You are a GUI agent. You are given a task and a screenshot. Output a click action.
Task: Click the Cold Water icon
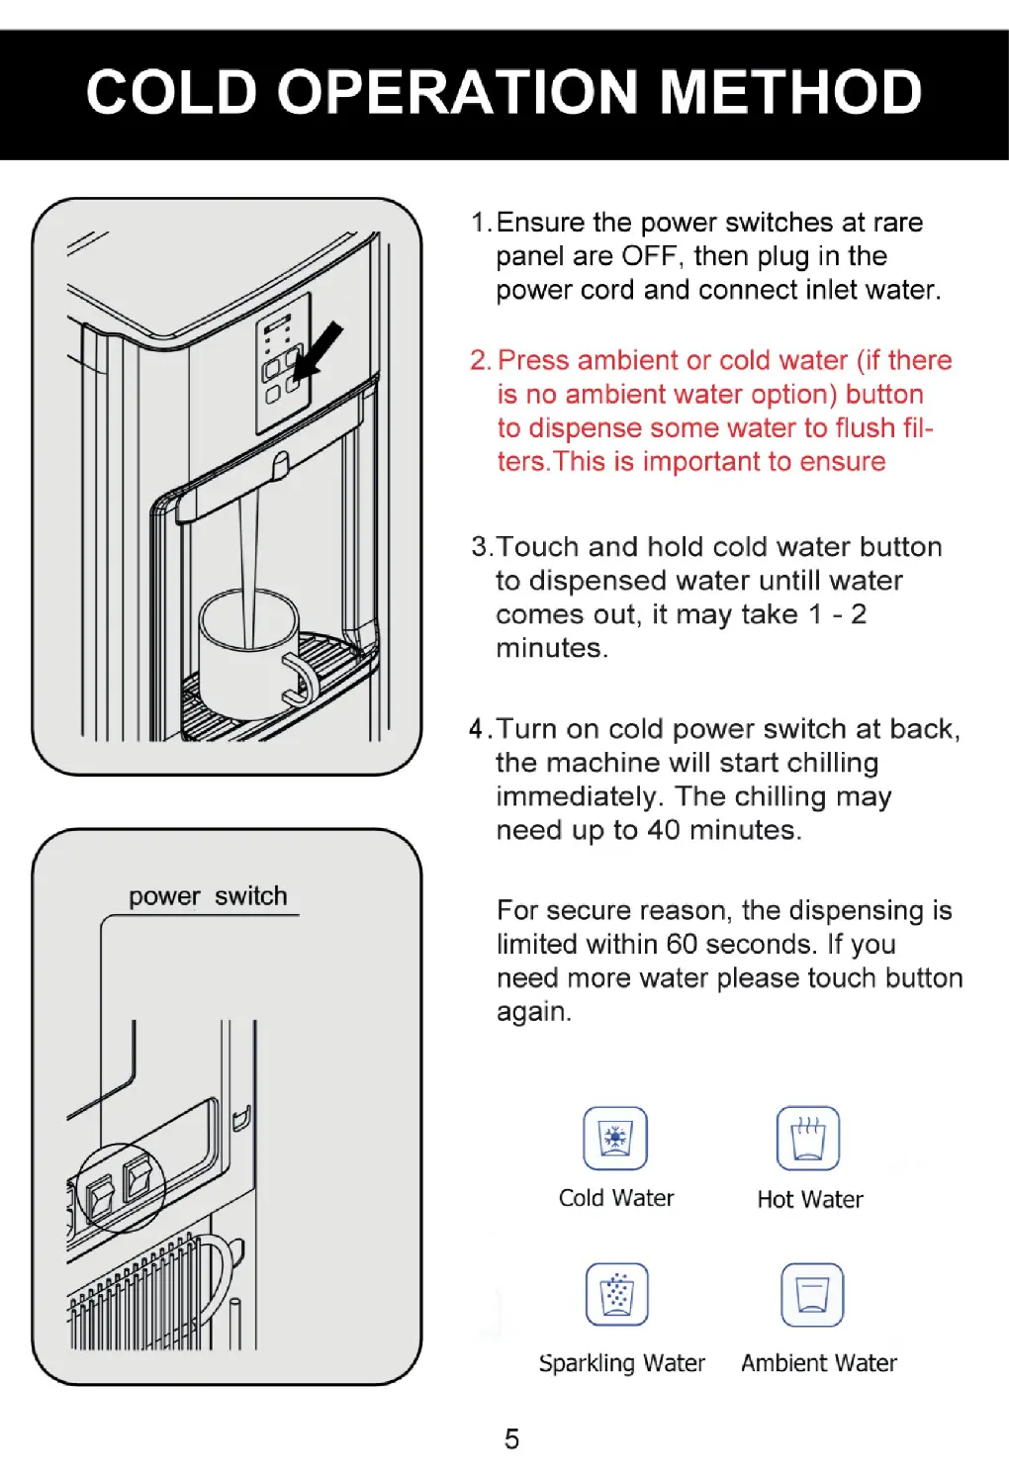tap(615, 1138)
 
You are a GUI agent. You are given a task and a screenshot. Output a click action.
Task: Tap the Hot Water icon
tap(808, 1138)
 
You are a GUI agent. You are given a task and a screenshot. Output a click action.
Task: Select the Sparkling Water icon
tap(617, 1294)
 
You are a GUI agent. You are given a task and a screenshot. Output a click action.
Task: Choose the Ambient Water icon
tap(812, 1294)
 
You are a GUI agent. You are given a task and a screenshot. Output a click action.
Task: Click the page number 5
tap(511, 1438)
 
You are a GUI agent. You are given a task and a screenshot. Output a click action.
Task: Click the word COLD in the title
tap(171, 92)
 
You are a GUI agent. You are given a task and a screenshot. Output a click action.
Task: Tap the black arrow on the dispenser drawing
tap(319, 351)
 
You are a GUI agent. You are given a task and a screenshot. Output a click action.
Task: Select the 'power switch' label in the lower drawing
tap(208, 896)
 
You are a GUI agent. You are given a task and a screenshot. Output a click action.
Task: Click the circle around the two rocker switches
tap(121, 1187)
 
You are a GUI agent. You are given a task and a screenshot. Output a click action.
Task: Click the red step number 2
tap(481, 361)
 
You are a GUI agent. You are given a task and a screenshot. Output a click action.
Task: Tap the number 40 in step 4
tap(663, 830)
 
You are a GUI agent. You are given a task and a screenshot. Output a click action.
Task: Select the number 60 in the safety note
tap(682, 944)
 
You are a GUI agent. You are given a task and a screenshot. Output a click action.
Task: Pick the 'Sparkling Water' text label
tap(621, 1363)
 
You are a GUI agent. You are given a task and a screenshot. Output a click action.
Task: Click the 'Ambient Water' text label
tap(819, 1363)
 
